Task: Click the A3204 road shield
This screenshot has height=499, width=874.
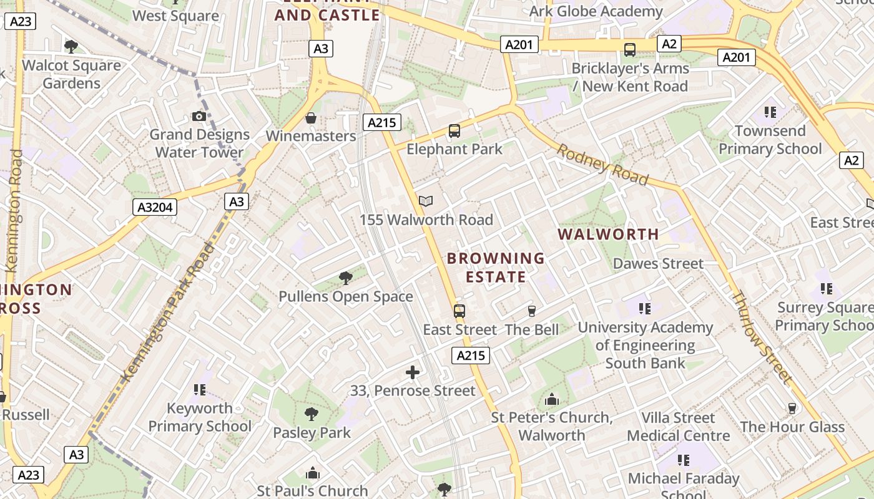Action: [x=155, y=207]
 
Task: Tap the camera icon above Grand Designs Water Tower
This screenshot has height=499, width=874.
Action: [x=199, y=116]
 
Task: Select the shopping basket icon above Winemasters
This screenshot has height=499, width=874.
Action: [x=310, y=118]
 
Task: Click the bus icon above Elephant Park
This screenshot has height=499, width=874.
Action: [x=454, y=131]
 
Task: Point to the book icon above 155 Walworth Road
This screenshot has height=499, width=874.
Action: [x=426, y=201]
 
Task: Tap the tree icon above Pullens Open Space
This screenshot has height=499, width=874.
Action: [x=345, y=278]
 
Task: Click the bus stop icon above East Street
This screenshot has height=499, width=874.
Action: [x=459, y=311]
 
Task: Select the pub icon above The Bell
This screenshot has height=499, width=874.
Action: [x=532, y=311]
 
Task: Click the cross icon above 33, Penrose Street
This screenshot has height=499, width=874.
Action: [x=413, y=372]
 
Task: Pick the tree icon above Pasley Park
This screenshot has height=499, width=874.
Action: [x=311, y=414]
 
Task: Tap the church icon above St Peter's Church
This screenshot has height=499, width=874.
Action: [x=552, y=399]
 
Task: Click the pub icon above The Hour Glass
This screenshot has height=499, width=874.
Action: [x=792, y=409]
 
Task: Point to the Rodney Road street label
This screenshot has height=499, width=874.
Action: [x=602, y=165]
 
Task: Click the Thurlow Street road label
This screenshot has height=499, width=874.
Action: [x=761, y=337]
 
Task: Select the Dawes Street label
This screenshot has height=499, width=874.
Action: [x=658, y=263]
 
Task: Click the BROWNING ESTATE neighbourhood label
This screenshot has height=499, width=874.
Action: [x=496, y=267]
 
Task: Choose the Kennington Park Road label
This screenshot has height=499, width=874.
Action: [x=168, y=312]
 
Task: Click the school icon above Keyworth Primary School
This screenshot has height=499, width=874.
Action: [x=200, y=390]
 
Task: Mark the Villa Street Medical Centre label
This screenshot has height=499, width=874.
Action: [x=678, y=427]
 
